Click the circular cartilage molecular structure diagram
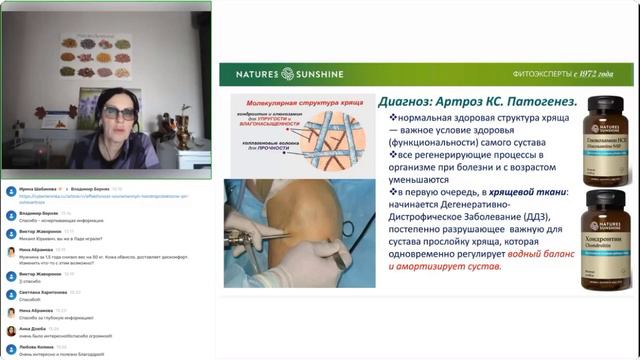[x=300, y=135]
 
